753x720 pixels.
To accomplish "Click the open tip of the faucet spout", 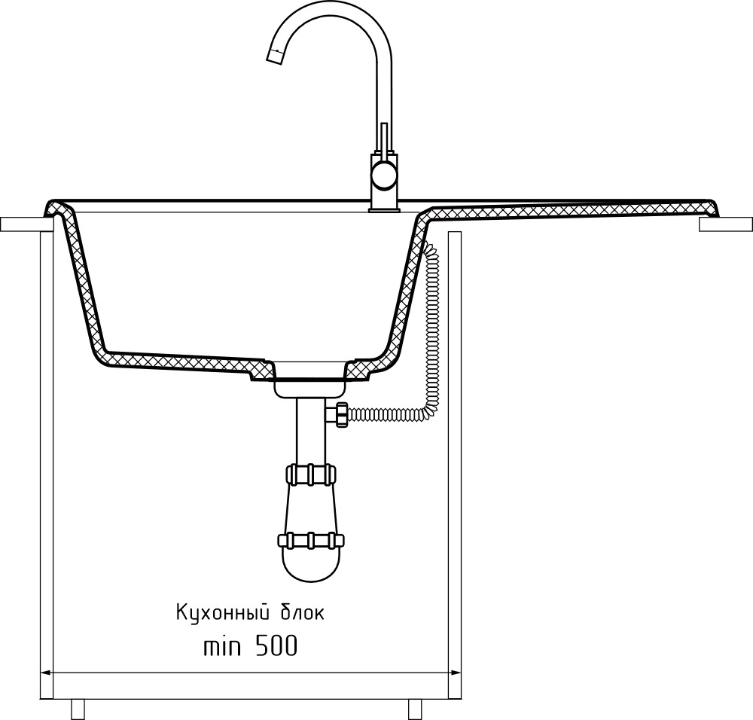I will (x=276, y=55).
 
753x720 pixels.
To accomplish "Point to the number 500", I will (x=275, y=646).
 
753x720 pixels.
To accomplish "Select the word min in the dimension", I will (x=223, y=646).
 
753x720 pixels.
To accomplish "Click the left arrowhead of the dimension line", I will (x=45, y=673).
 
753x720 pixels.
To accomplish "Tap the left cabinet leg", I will (x=77, y=709).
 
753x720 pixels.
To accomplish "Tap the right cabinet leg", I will (x=415, y=709).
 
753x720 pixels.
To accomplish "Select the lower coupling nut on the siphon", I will (x=309, y=541).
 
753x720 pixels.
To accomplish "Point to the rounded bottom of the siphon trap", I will (x=309, y=569).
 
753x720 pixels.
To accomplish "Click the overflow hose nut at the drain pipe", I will (x=339, y=414).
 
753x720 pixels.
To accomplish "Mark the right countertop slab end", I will (x=724, y=224).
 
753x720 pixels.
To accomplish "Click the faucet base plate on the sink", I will (x=384, y=212).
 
